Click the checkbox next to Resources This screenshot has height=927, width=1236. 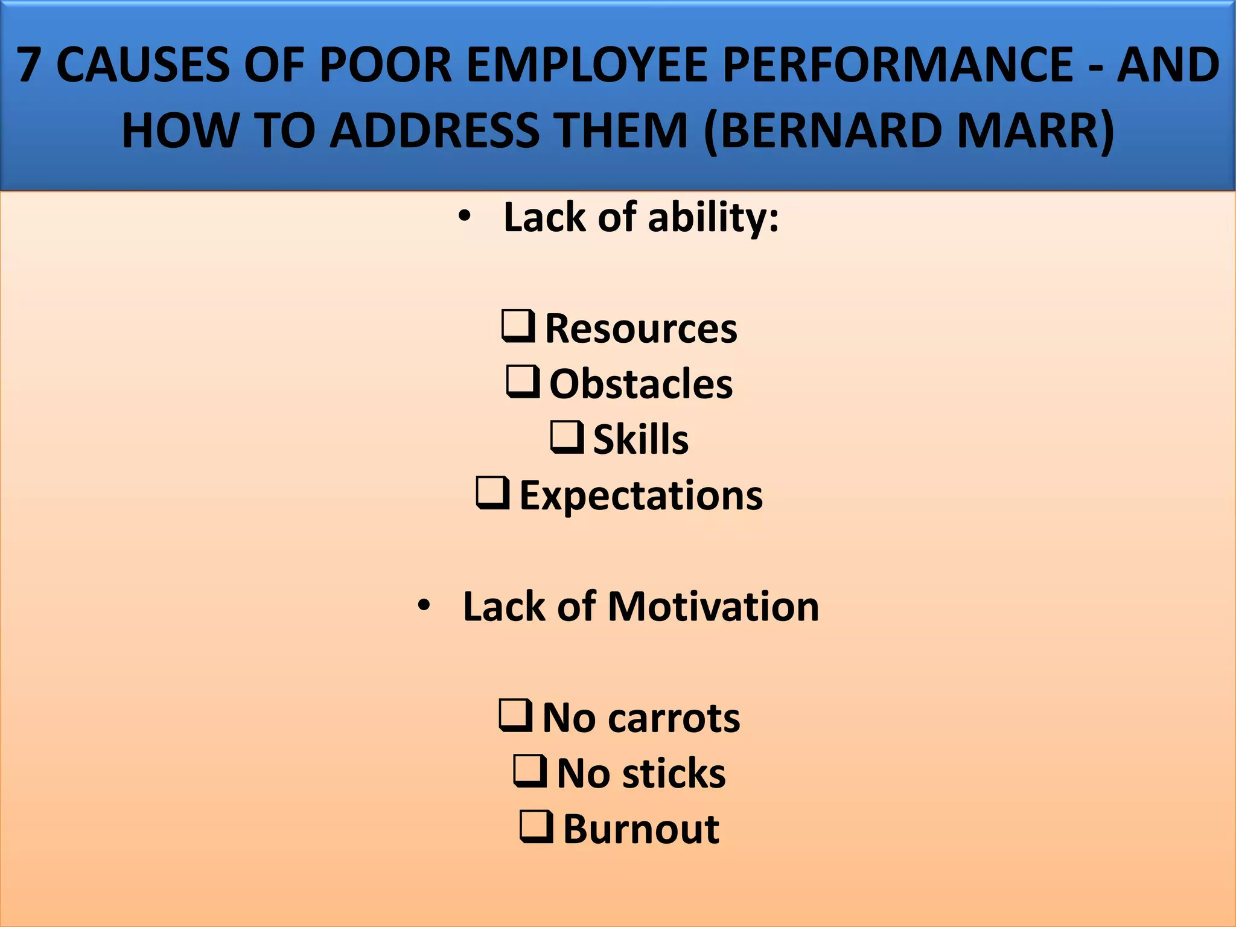click(518, 326)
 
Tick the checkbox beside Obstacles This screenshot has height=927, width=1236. click(523, 381)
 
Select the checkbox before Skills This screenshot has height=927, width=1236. click(567, 437)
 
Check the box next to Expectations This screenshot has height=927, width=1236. click(492, 492)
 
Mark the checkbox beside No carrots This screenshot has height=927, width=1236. click(515, 715)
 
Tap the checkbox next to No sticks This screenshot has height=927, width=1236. click(530, 771)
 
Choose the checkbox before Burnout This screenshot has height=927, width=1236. click(536, 826)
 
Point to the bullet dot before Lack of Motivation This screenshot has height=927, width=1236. click(424, 605)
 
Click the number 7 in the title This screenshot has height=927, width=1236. click(28, 65)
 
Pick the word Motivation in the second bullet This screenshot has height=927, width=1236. click(713, 606)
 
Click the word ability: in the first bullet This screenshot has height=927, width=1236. click(713, 217)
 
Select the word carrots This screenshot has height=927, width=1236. click(674, 718)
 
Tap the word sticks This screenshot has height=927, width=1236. click(674, 774)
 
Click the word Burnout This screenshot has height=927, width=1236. click(641, 829)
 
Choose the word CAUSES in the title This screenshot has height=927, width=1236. click(142, 65)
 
